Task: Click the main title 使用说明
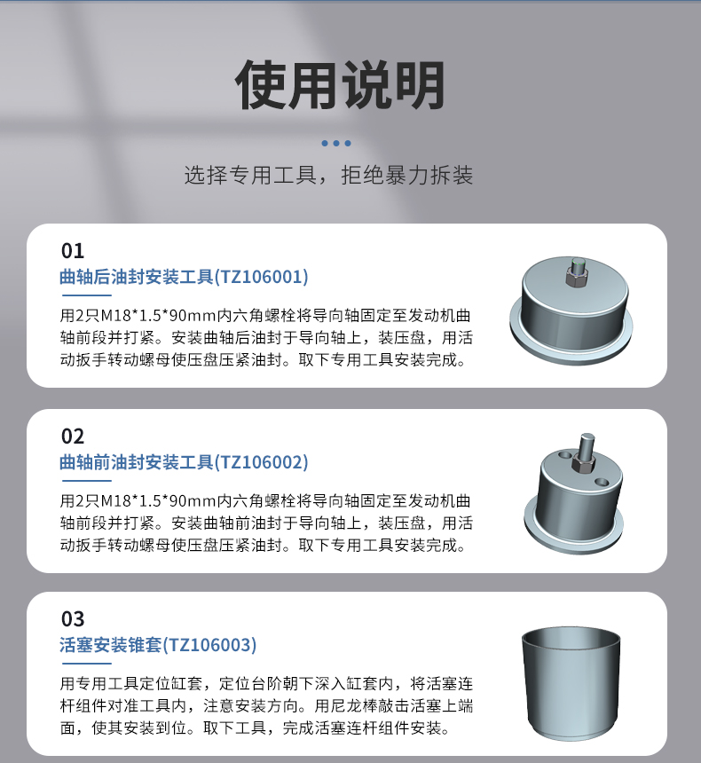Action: [x=340, y=85]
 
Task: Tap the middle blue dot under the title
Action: [x=336, y=143]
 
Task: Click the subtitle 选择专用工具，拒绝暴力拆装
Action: [x=328, y=175]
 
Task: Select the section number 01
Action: [x=73, y=251]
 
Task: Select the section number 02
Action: [x=73, y=437]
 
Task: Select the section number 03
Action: [x=73, y=619]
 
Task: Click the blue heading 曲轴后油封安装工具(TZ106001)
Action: [x=184, y=277]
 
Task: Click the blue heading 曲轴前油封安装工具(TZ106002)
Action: [x=184, y=462]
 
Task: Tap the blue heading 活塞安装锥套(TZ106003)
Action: [x=158, y=645]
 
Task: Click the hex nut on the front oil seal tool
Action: [x=583, y=464]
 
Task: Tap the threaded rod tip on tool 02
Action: [x=587, y=437]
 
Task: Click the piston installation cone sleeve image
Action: [x=571, y=684]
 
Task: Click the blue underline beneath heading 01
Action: [x=87, y=295]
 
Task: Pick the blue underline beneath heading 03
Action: [x=87, y=664]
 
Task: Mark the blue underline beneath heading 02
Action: [x=87, y=481]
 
